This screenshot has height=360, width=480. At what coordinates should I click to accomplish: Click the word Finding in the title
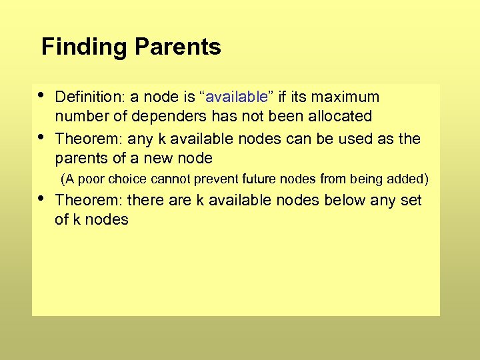(84, 47)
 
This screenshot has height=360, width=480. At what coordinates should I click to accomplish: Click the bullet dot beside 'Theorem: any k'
(43, 135)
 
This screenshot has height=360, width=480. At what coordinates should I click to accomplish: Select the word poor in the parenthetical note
(92, 179)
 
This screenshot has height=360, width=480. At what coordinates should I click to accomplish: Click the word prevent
(222, 179)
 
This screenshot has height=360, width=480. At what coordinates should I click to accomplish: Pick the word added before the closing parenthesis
(407, 179)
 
